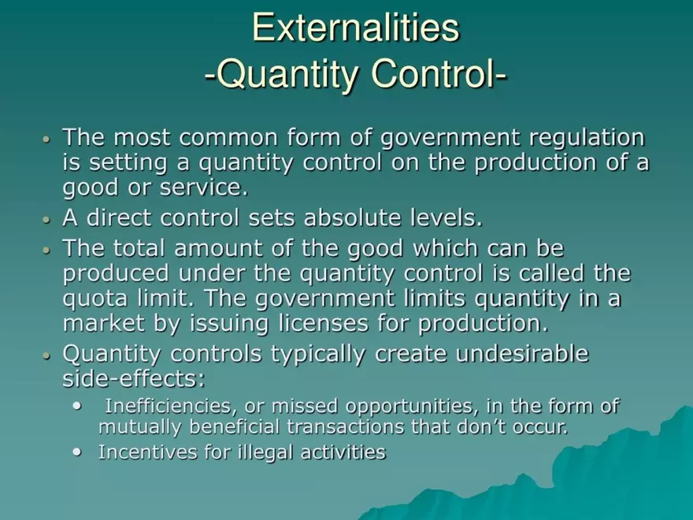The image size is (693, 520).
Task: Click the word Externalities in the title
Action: click(x=355, y=28)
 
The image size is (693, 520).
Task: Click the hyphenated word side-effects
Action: click(x=133, y=379)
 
